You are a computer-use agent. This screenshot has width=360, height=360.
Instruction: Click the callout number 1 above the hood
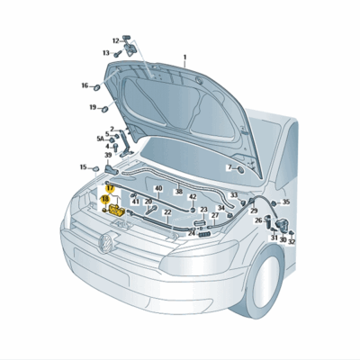pos(184,57)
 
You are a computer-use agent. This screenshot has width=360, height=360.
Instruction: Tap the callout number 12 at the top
pos(116,40)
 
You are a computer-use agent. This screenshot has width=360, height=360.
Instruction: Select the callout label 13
pos(106,53)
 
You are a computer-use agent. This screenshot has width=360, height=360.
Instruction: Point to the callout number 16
pos(85,86)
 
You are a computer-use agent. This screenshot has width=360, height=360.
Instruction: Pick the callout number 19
pos(92,108)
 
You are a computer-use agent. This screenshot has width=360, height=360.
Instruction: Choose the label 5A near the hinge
pos(101,139)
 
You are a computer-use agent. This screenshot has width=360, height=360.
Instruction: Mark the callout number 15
pos(83,166)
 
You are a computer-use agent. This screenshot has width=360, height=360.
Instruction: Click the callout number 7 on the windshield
pos(229,167)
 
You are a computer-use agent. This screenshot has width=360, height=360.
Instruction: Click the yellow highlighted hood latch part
pos(117,210)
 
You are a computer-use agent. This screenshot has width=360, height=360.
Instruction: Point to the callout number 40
pos(158,189)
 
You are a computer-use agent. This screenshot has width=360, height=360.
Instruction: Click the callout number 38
pos(178,192)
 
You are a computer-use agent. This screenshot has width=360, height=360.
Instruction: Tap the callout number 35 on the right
pos(286,202)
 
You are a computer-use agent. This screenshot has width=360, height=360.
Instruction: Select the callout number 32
pos(292,242)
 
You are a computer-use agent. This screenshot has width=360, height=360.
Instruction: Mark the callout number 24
pos(192,231)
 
